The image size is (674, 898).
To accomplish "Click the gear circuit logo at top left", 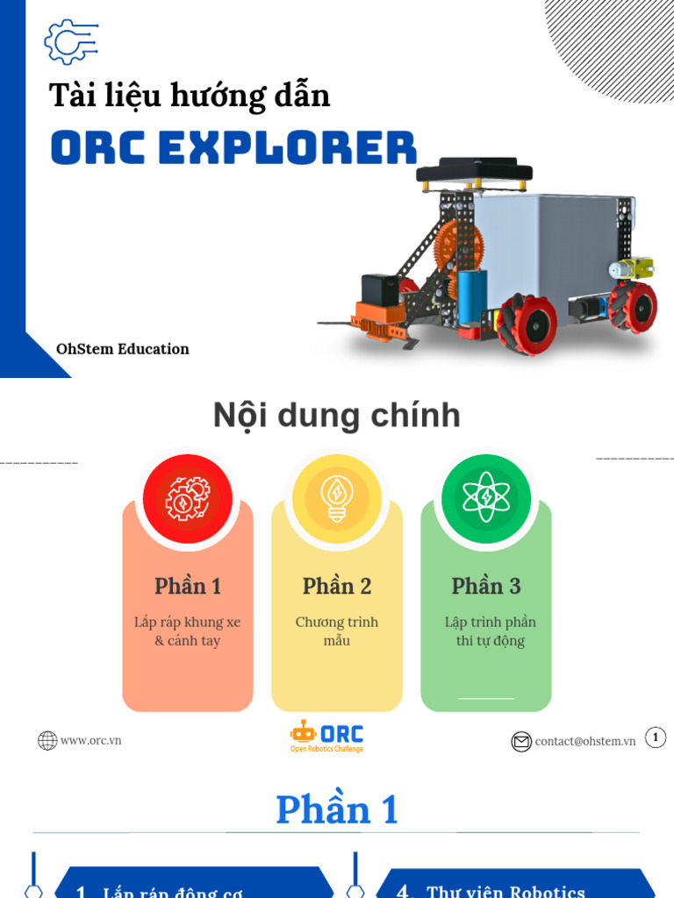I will point(70,42).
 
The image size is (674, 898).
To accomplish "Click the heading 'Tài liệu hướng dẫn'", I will point(190,95).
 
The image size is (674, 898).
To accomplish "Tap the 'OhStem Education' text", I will point(123,349).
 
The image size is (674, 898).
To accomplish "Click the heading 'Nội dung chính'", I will point(336,416).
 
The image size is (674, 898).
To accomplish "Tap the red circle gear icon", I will point(188,499).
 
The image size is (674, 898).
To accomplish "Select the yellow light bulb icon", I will point(337,499).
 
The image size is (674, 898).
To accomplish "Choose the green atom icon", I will point(486,499).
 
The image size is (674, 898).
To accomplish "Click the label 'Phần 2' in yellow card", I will point(337,586).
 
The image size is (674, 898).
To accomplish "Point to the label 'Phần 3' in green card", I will point(486,586).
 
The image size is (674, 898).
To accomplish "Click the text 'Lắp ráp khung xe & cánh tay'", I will point(188,631).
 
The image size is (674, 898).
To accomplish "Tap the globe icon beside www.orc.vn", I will point(47,741).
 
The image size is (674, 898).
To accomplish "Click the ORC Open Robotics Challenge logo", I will point(326,737).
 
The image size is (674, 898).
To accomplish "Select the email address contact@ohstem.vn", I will point(585,741).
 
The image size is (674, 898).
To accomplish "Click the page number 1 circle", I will point(655,738).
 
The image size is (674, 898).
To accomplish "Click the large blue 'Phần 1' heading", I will point(337,809).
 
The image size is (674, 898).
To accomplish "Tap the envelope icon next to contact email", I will point(521,742).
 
